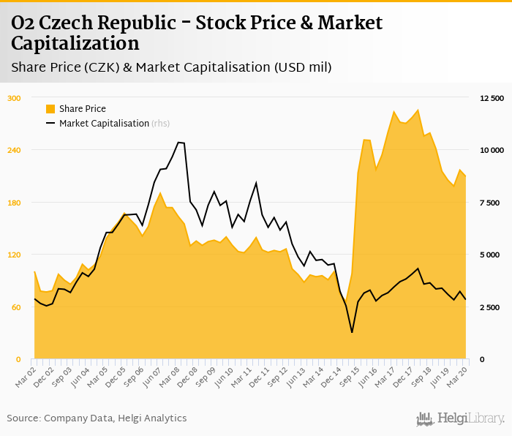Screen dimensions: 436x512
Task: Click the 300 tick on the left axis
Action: pyautogui.click(x=15, y=98)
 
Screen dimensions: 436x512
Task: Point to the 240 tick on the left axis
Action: pyautogui.click(x=15, y=150)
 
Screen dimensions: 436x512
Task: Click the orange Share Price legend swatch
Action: pyautogui.click(x=50, y=109)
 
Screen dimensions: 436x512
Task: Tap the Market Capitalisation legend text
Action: pyautogui.click(x=104, y=124)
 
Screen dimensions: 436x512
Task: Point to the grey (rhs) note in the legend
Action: pyautogui.click(x=161, y=124)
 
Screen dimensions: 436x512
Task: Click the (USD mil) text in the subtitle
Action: pyautogui.click(x=303, y=67)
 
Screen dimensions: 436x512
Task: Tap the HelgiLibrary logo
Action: pyautogui.click(x=461, y=418)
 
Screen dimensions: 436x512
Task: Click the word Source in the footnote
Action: pyautogui.click(x=23, y=418)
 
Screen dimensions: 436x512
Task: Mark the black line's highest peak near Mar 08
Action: pyautogui.click(x=179, y=142)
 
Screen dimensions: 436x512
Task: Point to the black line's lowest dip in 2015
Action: pyautogui.click(x=352, y=333)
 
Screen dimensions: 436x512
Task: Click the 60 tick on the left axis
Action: pyautogui.click(x=16, y=307)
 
